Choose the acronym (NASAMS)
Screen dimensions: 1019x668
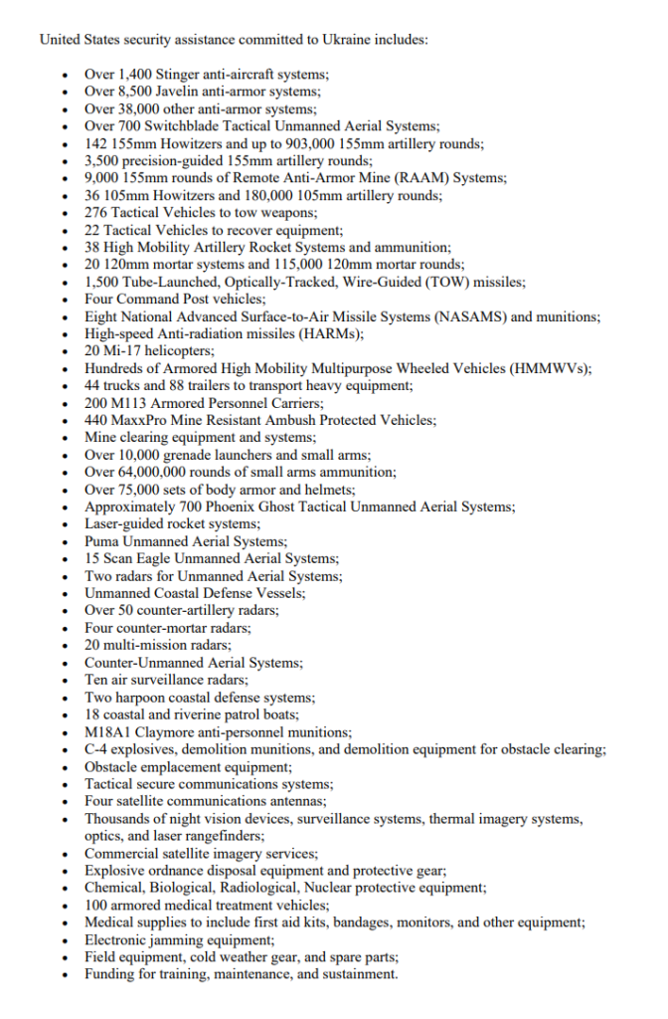[469, 316]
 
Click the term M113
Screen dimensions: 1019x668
[130, 402]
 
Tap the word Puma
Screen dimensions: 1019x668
[101, 541]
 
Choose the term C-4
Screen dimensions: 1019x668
[96, 748]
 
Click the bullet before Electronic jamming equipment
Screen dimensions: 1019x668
[65, 939]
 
